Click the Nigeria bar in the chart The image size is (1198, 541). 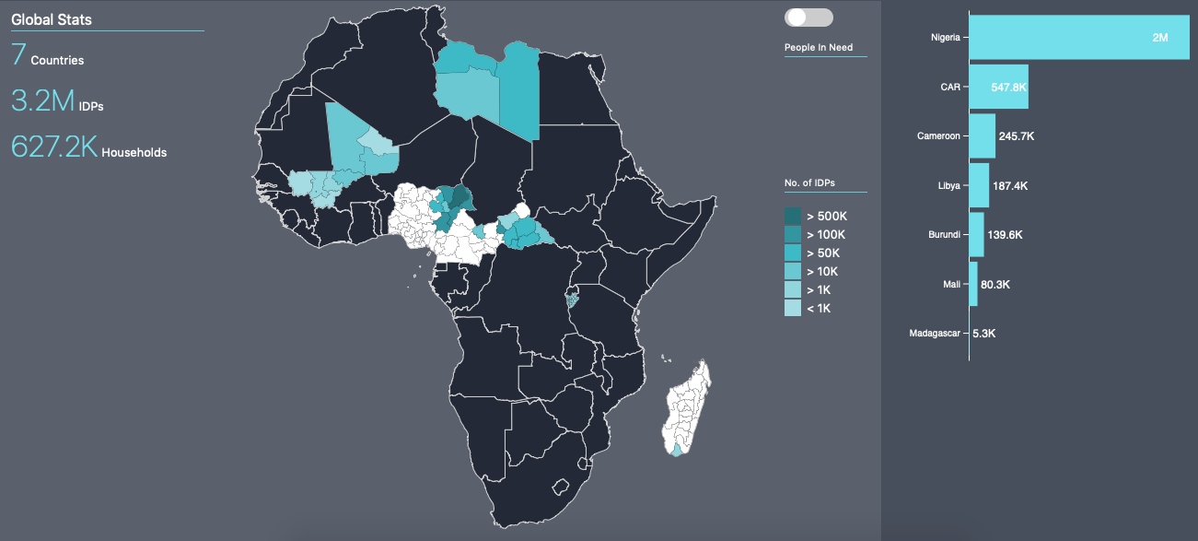coord(1078,38)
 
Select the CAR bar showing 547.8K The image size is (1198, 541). coord(999,87)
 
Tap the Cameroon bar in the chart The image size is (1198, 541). coord(982,136)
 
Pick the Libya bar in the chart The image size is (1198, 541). coord(979,185)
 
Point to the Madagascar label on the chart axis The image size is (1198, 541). coord(935,333)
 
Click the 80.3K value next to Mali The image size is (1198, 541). coord(995,285)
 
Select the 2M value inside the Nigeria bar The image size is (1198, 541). coord(1159,38)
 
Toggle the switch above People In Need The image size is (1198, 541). coord(808,18)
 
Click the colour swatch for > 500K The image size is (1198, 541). coord(793,216)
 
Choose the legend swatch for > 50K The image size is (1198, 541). coord(793,253)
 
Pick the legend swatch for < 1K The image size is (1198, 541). coord(793,308)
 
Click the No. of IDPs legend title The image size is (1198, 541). coord(809,183)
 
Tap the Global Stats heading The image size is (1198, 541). coord(52,19)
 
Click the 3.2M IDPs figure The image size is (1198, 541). coord(42,100)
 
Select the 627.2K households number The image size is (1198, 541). coord(54,147)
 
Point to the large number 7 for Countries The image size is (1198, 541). coord(18,55)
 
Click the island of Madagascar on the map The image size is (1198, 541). coord(686,410)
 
